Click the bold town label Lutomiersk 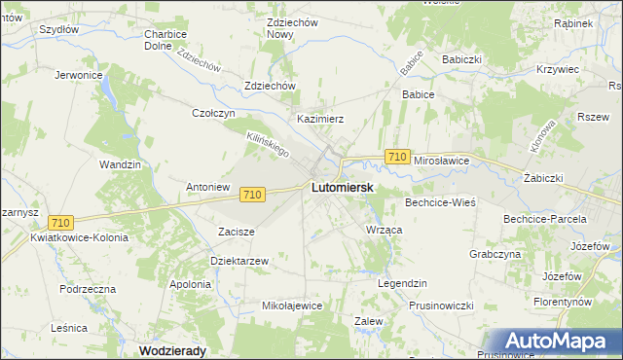(343, 187)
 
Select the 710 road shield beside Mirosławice (396, 157)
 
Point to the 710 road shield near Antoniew (252, 195)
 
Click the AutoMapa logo (555, 342)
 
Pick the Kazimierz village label (320, 119)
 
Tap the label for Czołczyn (214, 113)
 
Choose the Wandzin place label (121, 165)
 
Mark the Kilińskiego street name (269, 146)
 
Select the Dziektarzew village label (239, 261)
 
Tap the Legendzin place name (402, 283)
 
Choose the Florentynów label (576, 303)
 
